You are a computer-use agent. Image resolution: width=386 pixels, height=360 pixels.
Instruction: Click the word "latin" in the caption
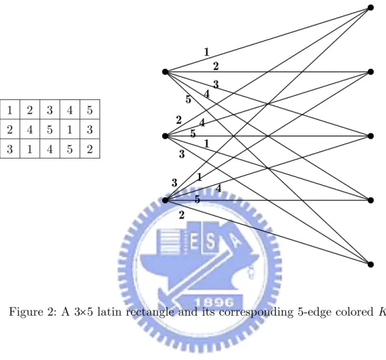click(110, 312)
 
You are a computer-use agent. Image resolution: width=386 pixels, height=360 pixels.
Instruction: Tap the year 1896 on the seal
click(214, 302)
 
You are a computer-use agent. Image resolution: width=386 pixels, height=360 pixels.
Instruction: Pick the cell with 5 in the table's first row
click(90, 110)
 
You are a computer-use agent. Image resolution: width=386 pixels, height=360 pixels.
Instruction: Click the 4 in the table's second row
click(30, 129)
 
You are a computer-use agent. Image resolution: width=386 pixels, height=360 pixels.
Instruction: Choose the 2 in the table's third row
click(90, 148)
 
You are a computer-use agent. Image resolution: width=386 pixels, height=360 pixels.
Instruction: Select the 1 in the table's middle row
click(70, 129)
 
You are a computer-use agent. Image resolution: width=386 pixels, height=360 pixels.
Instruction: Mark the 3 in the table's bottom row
click(10, 148)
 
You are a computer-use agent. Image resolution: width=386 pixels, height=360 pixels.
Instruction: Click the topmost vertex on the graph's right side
click(370, 8)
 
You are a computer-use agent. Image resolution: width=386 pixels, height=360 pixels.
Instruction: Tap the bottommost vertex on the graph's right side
click(370, 265)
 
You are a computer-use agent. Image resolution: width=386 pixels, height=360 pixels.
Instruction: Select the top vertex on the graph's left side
click(165, 72)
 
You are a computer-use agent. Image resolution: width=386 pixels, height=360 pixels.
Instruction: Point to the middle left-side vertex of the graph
click(165, 136)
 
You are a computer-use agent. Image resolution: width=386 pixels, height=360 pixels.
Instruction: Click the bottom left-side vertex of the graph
click(165, 200)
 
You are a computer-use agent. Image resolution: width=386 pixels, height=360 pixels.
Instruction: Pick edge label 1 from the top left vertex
click(206, 52)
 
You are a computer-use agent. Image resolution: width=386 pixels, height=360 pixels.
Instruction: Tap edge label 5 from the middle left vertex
click(193, 133)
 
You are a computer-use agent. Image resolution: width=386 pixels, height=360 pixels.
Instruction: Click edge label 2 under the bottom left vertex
click(182, 215)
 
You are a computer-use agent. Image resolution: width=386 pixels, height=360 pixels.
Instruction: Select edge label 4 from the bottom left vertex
click(219, 189)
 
